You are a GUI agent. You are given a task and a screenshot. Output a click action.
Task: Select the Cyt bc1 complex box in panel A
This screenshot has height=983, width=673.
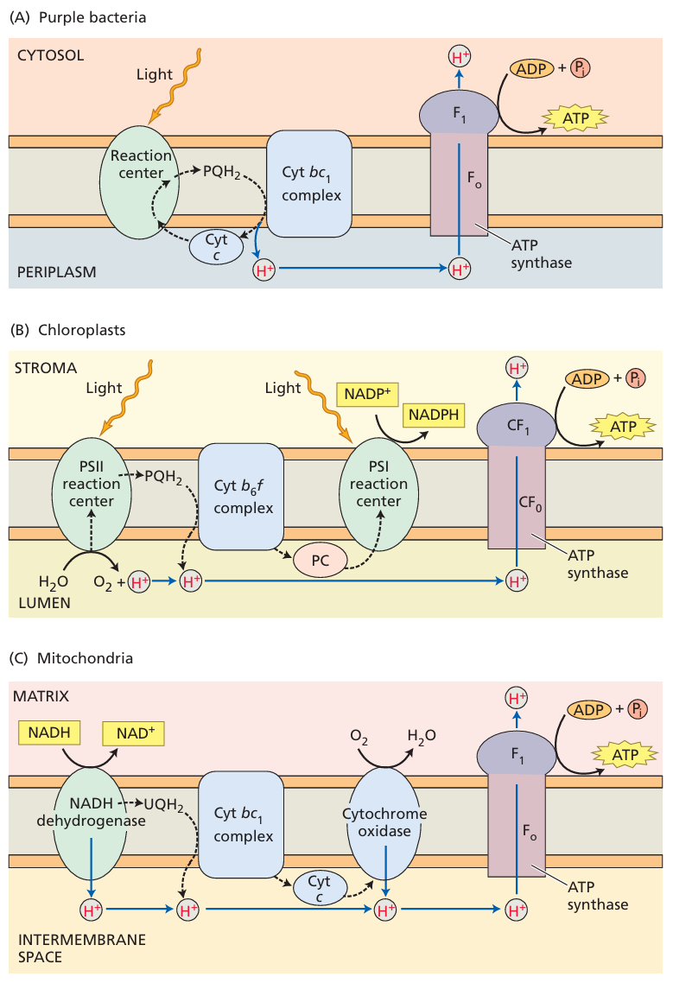tap(308, 184)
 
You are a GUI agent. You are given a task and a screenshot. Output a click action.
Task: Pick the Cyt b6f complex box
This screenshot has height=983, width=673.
tap(242, 496)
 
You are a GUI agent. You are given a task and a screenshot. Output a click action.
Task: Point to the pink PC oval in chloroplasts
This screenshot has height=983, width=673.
tap(319, 560)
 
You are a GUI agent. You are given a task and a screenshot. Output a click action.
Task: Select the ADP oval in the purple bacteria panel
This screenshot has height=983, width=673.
tap(532, 67)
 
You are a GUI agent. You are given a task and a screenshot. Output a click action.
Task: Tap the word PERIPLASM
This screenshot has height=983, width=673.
tap(56, 271)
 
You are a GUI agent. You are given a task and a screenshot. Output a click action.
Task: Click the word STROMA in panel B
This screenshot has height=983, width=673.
tap(45, 369)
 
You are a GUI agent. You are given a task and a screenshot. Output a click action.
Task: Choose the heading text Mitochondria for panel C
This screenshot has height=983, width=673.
tap(85, 658)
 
